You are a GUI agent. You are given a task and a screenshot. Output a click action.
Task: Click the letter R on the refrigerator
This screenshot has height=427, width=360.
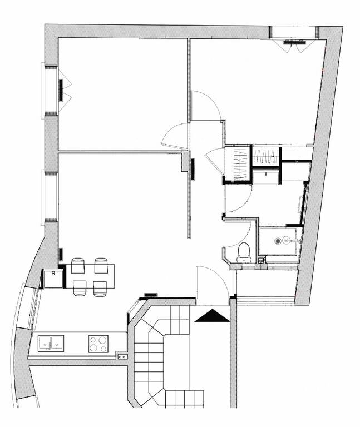point(53,274)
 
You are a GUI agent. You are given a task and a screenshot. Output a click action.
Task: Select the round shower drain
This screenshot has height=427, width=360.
point(278,241)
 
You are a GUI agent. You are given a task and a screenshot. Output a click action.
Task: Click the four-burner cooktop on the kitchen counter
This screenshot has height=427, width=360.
point(98,344)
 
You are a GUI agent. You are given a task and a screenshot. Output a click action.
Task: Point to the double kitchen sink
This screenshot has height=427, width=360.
point(51,344)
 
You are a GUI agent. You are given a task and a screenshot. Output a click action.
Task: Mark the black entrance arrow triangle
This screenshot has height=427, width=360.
point(213,316)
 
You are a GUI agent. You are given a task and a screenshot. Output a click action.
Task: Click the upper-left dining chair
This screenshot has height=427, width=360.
point(78,266)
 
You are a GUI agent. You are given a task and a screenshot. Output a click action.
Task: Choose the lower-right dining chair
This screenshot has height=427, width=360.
point(100,289)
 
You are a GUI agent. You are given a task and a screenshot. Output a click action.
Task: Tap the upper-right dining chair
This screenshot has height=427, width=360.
point(101,266)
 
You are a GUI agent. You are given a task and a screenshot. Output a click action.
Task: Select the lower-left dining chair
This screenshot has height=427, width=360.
point(80,288)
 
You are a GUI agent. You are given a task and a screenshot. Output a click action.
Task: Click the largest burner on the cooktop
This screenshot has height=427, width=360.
point(102,340)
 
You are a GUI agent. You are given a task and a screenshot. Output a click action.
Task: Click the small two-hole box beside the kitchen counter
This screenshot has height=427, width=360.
point(122,356)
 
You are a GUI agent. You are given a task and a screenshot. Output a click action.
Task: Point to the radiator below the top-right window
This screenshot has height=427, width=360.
point(294,42)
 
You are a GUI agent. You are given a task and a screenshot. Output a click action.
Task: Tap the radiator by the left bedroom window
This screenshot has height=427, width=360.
point(61,91)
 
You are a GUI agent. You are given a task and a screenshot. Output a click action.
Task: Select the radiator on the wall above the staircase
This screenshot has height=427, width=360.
point(151,295)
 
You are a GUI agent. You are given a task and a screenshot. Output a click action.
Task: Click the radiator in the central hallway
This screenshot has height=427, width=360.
point(193,169)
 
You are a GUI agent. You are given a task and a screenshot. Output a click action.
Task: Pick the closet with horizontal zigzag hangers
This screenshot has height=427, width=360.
point(265,156)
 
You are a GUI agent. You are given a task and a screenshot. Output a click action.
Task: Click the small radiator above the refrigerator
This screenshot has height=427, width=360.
point(61,254)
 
